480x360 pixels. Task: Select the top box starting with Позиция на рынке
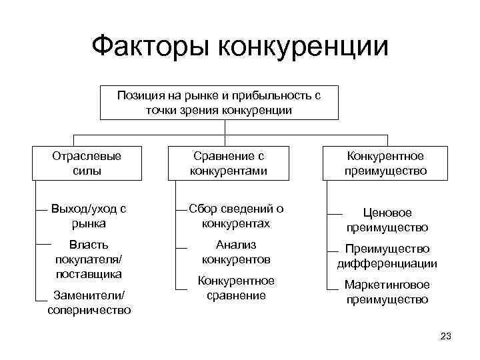tap(219, 103)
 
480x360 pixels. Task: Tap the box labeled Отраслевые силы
tap(87, 163)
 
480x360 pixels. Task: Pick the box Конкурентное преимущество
tap(386, 163)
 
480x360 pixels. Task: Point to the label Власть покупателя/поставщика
tap(89, 259)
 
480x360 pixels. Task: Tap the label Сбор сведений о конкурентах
tap(235, 216)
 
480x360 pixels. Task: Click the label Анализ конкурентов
tap(235, 252)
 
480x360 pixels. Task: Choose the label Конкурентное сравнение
tap(235, 288)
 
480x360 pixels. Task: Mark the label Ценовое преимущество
tap(387, 220)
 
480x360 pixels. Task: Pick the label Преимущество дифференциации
tap(387, 256)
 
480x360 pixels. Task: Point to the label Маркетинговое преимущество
tap(387, 292)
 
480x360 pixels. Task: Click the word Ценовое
tap(387, 213)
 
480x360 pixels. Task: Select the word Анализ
tap(236, 245)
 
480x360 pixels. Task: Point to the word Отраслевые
tap(87, 156)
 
